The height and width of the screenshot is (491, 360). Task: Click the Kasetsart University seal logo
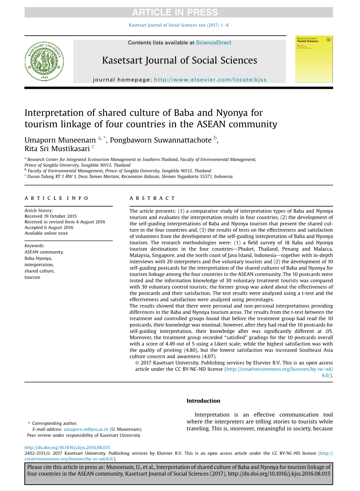[44, 61]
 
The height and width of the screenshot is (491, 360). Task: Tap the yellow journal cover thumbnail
[314, 59]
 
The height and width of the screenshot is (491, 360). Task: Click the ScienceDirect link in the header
[214, 43]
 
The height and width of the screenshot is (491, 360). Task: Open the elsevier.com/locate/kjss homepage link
[210, 80]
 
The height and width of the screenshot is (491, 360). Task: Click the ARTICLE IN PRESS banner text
[175, 12]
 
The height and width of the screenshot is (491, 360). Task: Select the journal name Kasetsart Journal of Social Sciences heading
[179, 60]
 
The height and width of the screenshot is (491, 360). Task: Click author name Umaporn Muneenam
[60, 140]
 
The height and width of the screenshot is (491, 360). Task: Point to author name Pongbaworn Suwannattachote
[161, 140]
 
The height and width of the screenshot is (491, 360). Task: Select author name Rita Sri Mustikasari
[57, 149]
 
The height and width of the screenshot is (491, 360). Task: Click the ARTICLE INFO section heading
[56, 198]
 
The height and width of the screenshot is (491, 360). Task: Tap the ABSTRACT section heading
[152, 198]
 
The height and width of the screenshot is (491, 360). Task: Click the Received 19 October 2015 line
[50, 216]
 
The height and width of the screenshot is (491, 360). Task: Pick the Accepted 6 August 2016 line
[49, 228]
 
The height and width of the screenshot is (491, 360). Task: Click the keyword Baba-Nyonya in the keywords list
[38, 258]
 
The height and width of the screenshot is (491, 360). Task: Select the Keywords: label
[34, 246]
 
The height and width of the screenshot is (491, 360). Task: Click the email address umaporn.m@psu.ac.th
[86, 430]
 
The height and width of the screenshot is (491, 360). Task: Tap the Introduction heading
[203, 401]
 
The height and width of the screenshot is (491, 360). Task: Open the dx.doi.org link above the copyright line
[67, 448]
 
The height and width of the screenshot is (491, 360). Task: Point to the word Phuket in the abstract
[246, 249]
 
